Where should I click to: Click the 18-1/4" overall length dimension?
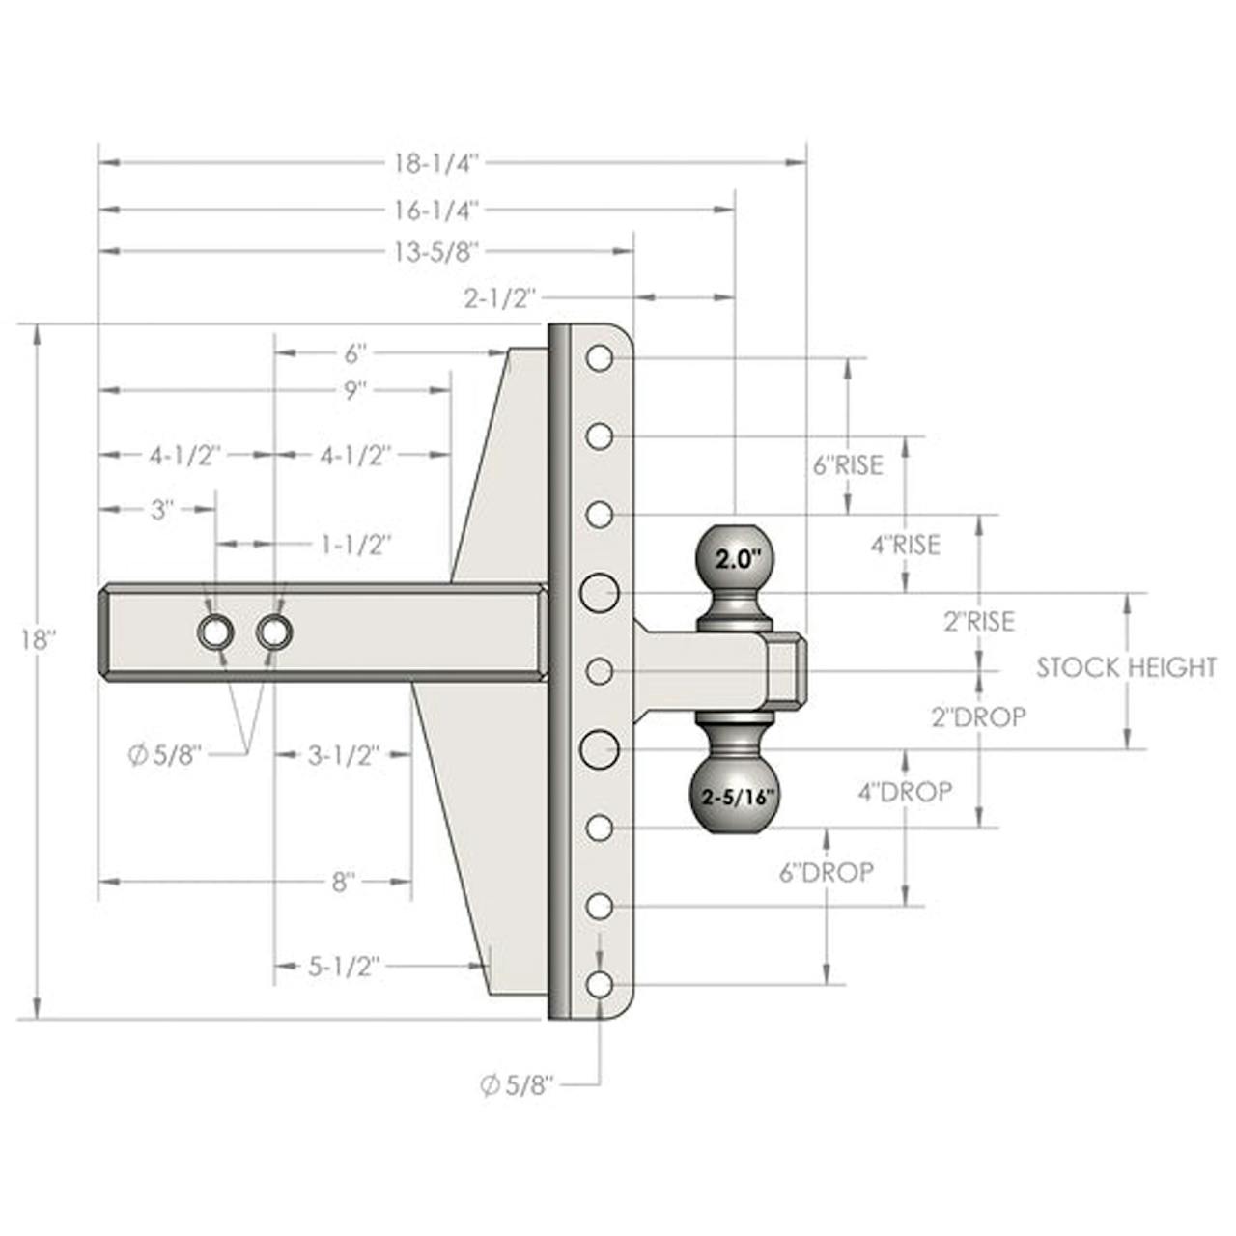coord(436,163)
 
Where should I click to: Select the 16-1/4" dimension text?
coord(436,210)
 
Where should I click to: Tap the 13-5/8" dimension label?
coord(436,251)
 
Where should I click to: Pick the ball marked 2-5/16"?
coord(734,798)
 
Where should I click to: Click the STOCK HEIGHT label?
coord(1126,667)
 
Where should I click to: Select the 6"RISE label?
coord(848,465)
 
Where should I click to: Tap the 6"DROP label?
coord(827,872)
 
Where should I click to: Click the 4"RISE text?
coord(905,546)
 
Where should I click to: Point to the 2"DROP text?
coord(979,717)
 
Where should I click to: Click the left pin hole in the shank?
coord(215,632)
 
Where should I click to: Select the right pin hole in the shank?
coord(274,632)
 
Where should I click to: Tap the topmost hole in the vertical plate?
coord(600,358)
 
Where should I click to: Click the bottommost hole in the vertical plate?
coord(600,984)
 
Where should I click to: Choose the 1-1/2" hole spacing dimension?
coord(354,545)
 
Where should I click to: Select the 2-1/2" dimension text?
coord(499,299)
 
